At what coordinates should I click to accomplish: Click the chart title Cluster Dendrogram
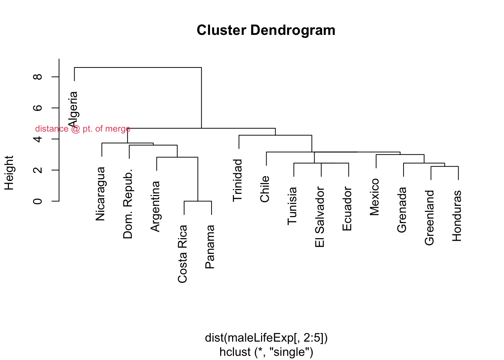[x=266, y=30]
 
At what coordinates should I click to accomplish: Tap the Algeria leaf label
[x=73, y=109]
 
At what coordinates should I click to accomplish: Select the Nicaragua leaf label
[x=100, y=194]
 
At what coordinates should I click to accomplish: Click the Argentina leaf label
[x=155, y=206]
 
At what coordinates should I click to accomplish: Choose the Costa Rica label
[x=183, y=254]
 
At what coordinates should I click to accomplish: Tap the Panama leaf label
[x=210, y=247]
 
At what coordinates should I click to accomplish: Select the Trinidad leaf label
[x=238, y=180]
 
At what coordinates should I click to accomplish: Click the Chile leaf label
[x=265, y=189]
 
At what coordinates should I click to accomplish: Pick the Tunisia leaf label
[x=292, y=206]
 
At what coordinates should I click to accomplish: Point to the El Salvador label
[x=320, y=217]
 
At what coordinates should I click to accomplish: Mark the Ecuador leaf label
[x=347, y=209]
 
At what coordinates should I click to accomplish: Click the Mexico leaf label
[x=375, y=197]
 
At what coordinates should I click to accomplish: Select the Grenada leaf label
[x=402, y=210]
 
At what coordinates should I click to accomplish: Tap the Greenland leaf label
[x=429, y=218]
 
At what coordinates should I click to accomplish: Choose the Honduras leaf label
[x=457, y=216]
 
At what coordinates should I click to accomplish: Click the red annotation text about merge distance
[x=83, y=129]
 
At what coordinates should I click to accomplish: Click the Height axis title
[x=9, y=173]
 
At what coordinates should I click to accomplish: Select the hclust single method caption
[x=266, y=352]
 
